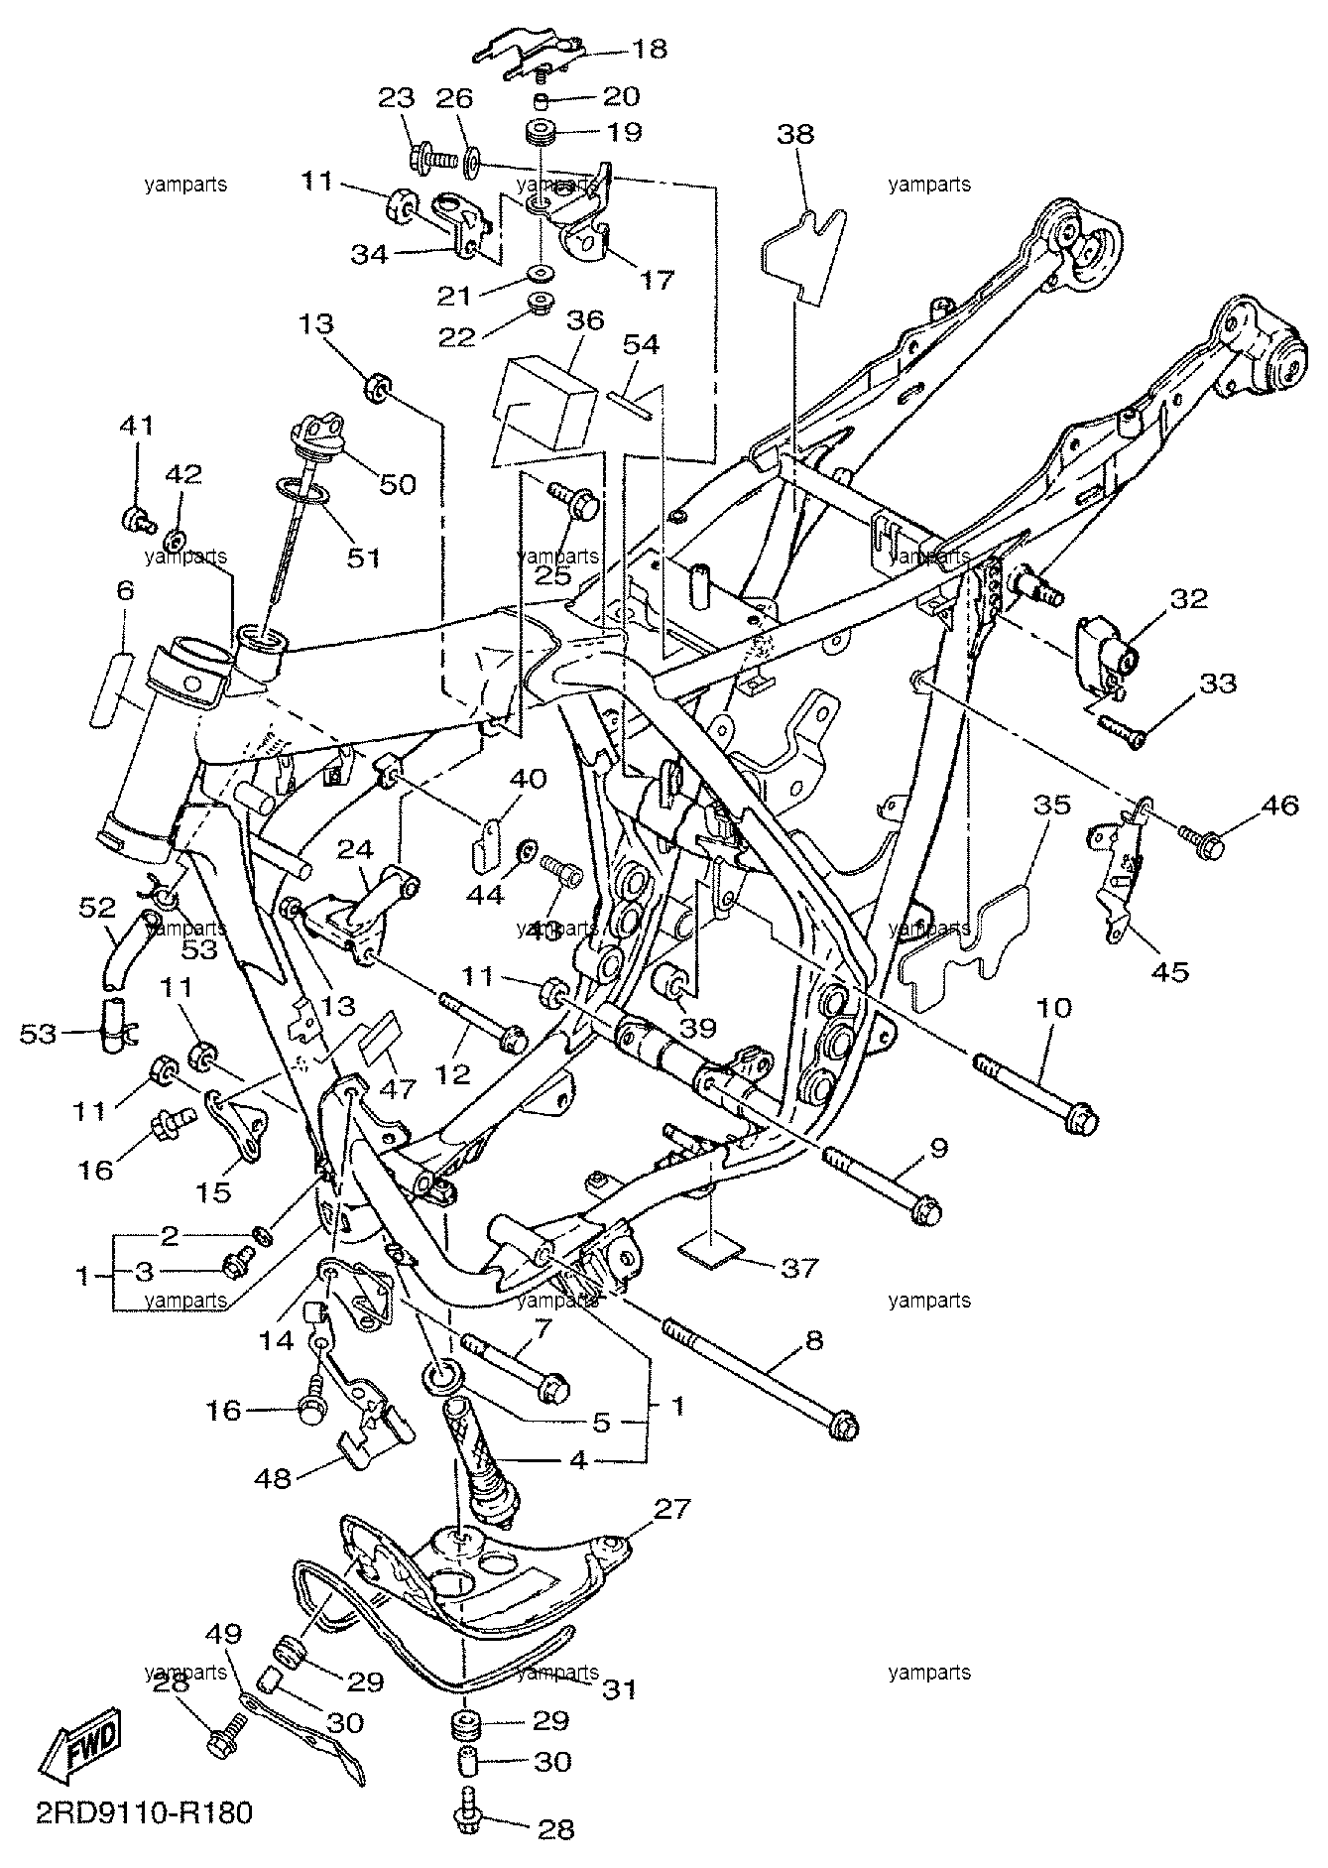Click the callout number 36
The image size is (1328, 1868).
tap(585, 320)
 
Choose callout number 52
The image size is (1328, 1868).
tap(98, 906)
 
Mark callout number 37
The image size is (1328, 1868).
tap(799, 1268)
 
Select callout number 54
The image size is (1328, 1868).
tap(641, 344)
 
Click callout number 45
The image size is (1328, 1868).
tap(1170, 971)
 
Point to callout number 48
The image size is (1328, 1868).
tap(274, 1479)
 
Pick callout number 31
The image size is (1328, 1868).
tap(618, 1687)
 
